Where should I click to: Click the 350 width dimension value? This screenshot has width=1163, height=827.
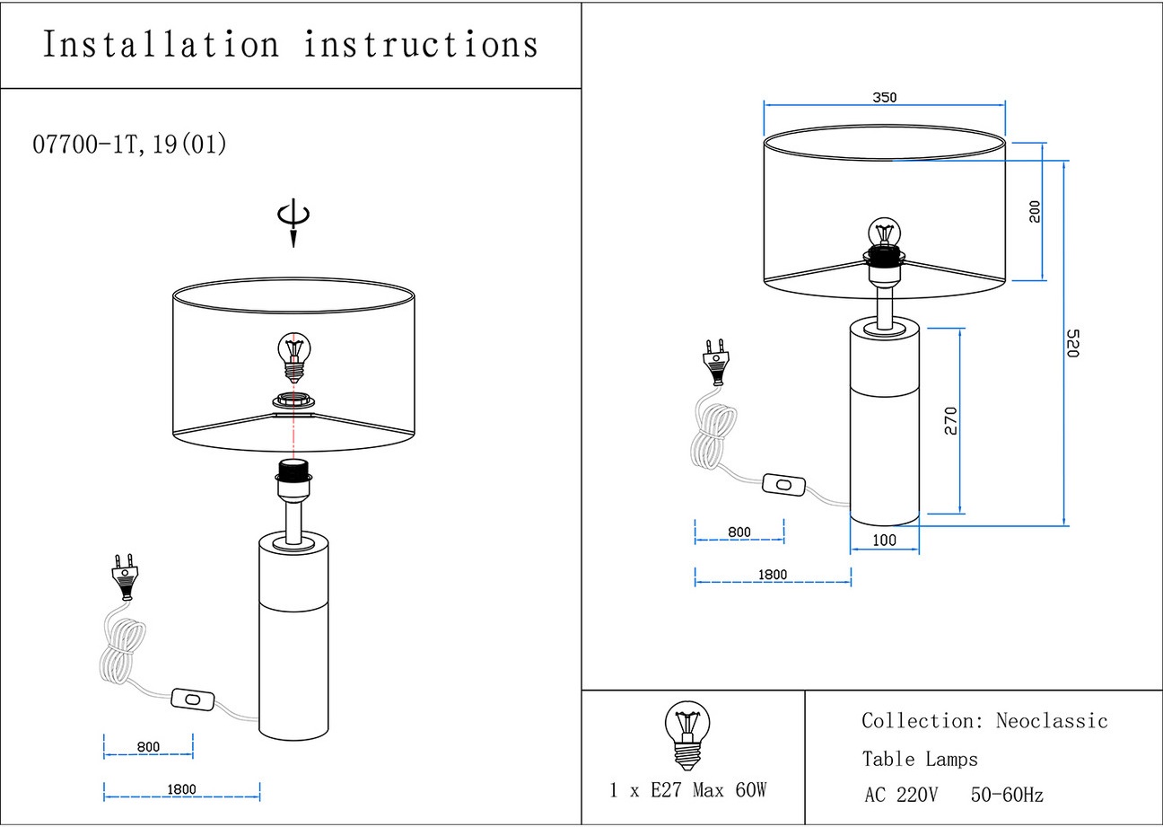pyautogui.click(x=884, y=98)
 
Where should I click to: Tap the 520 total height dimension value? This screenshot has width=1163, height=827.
pyautogui.click(x=1071, y=343)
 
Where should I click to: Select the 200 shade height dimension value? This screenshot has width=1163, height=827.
pyautogui.click(x=1035, y=212)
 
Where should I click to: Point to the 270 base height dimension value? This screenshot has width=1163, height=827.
pyautogui.click(x=951, y=421)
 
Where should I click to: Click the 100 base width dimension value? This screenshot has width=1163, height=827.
pyautogui.click(x=884, y=541)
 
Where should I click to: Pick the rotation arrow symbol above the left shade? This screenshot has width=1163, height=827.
pyautogui.click(x=293, y=223)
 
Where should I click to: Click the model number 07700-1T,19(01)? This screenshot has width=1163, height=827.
pyautogui.click(x=129, y=145)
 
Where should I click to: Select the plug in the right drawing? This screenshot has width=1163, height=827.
pyautogui.click(x=716, y=359)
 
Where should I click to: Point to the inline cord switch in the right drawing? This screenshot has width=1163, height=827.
pyautogui.click(x=783, y=485)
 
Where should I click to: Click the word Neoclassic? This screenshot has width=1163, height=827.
pyautogui.click(x=1052, y=721)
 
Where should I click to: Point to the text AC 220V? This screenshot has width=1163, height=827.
pyautogui.click(x=901, y=796)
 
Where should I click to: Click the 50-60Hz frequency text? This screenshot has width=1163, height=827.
pyautogui.click(x=1007, y=796)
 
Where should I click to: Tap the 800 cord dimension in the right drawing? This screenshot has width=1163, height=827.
pyautogui.click(x=739, y=532)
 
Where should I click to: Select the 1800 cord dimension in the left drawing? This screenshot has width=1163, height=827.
pyautogui.click(x=181, y=790)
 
